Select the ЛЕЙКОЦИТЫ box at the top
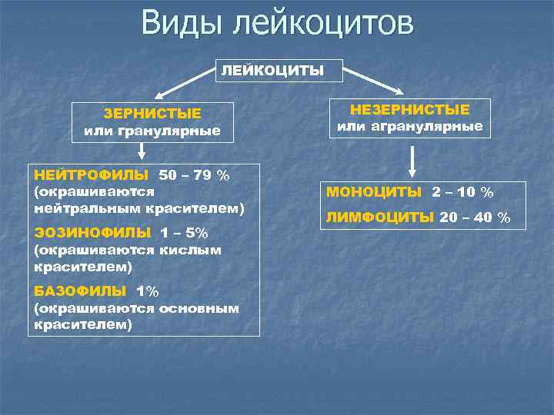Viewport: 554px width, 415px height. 273,71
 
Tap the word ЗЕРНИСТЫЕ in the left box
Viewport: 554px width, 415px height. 152,114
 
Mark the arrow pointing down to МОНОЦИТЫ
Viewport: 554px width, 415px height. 413,161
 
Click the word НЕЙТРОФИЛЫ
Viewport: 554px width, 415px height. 93,175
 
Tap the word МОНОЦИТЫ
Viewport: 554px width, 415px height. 374,191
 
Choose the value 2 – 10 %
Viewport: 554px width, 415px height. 462,191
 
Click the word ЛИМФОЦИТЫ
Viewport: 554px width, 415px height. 380,217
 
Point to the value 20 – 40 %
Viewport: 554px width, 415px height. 475,217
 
